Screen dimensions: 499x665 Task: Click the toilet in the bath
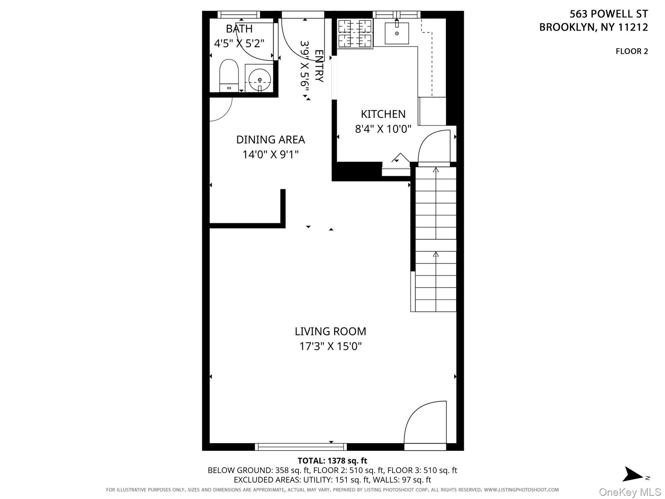click(x=229, y=75)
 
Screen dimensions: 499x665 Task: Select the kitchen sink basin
click(x=397, y=33)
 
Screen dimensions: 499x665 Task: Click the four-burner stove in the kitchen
click(x=355, y=34)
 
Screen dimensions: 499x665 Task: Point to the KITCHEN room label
click(x=383, y=114)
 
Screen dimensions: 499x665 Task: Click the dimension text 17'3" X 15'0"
click(x=330, y=347)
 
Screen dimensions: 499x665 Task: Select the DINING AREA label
click(x=270, y=140)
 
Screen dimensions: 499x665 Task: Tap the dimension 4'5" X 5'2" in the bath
click(x=239, y=43)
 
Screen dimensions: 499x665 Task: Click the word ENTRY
click(x=318, y=66)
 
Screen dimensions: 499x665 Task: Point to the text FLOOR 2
click(x=631, y=51)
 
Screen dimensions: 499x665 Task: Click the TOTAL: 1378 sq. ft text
click(x=332, y=461)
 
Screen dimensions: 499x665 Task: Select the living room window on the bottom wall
click(x=301, y=447)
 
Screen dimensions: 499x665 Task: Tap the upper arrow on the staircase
click(x=436, y=170)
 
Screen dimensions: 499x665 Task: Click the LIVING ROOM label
click(x=330, y=331)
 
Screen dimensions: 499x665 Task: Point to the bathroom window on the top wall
click(x=239, y=14)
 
